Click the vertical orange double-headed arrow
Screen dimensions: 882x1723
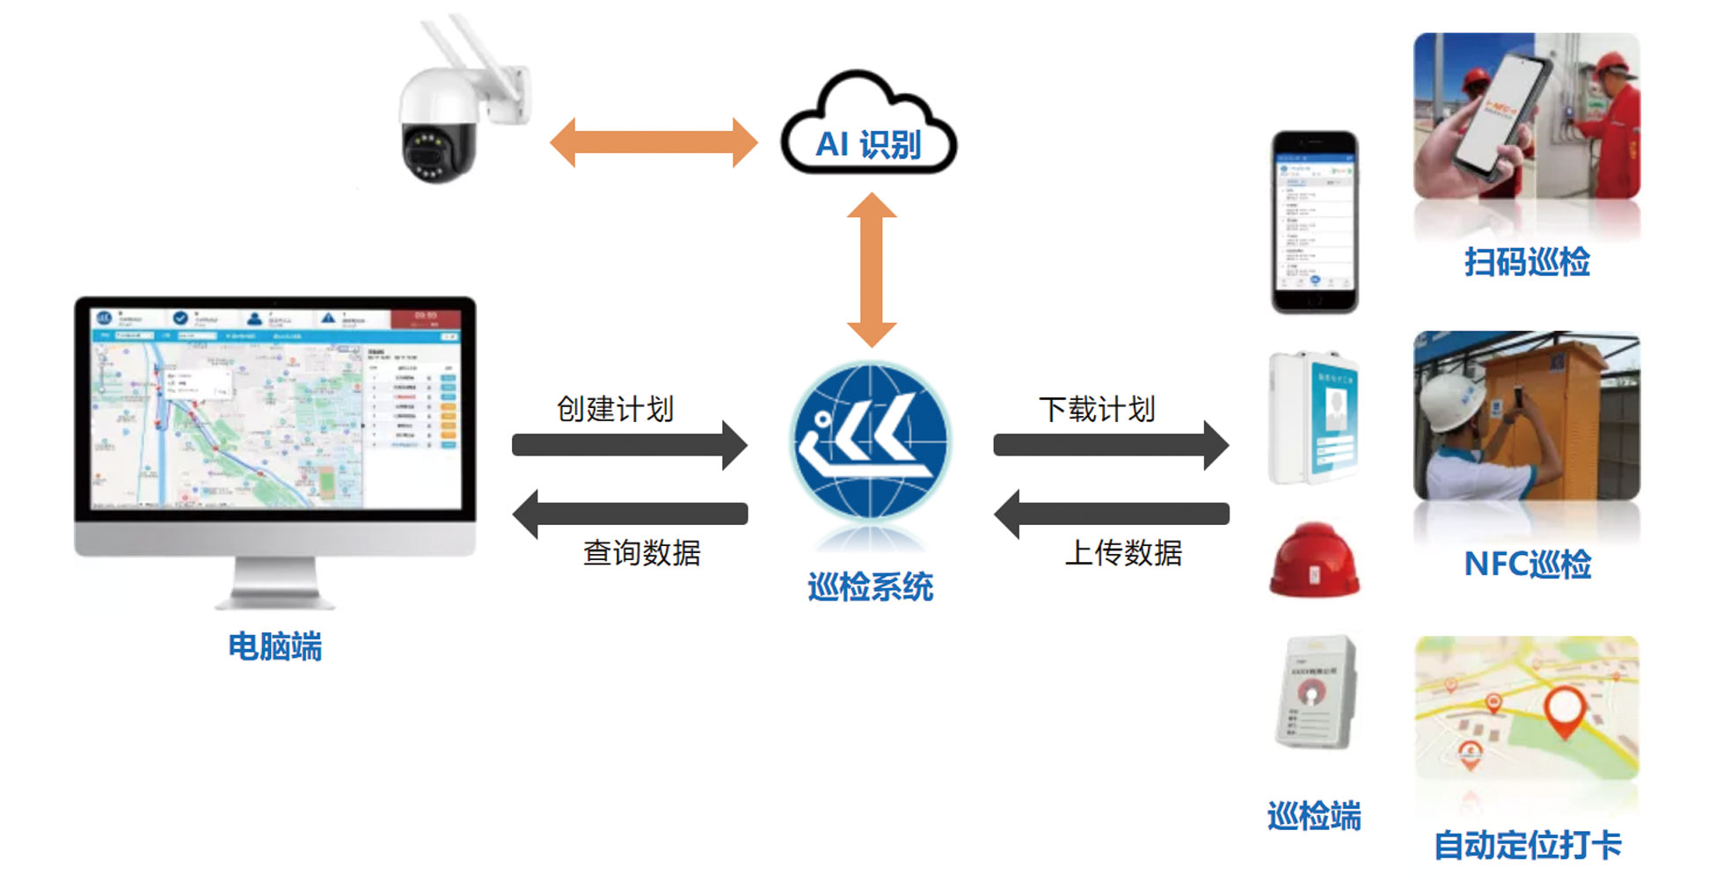pos(872,270)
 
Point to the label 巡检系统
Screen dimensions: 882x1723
pos(871,587)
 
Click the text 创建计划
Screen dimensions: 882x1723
pos(616,409)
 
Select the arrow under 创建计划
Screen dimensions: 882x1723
pos(630,445)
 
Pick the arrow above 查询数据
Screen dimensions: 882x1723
pos(630,514)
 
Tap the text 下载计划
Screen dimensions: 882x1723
pos(1097,409)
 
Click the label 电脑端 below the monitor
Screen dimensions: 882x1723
pos(275,646)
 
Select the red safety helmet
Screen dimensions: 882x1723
pos(1314,560)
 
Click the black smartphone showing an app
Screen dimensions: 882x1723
pos(1314,222)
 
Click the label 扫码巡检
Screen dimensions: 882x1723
pos(1527,262)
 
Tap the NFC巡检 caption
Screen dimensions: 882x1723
pos(1527,565)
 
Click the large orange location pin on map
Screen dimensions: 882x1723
pos(1565,709)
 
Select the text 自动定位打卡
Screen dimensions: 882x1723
pos(1527,846)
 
